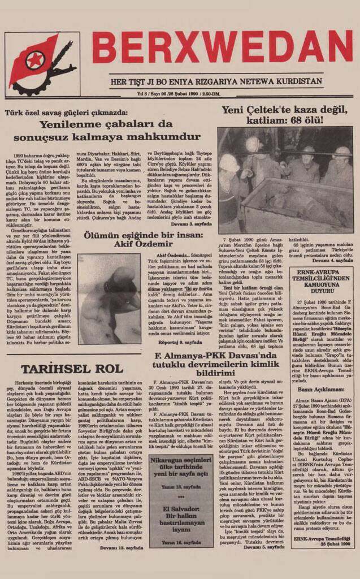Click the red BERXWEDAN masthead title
coord(222,47)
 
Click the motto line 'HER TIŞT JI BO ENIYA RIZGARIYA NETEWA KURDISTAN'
coord(224,81)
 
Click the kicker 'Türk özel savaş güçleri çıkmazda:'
coord(66,113)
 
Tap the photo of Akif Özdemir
coord(109,298)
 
